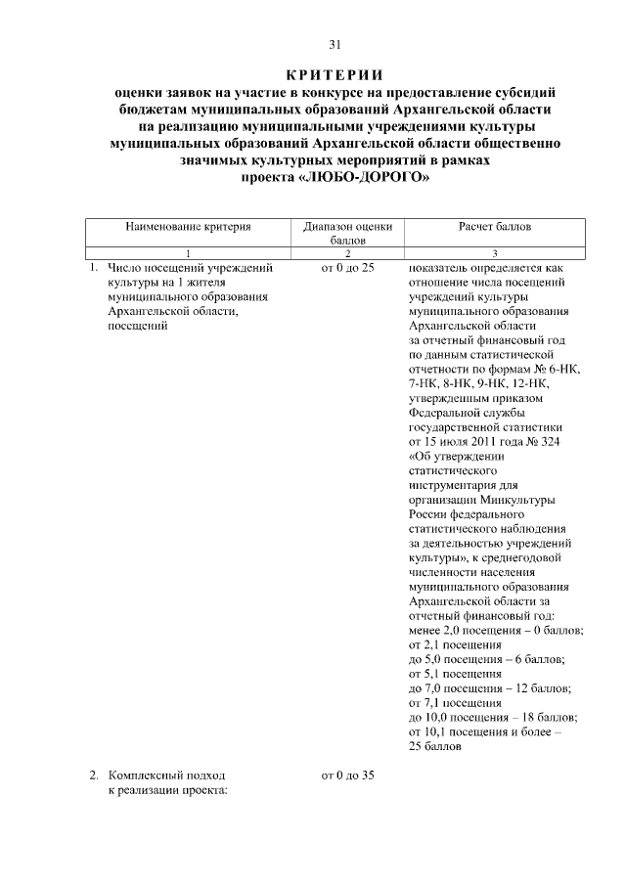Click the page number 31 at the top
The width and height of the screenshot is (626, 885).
pyautogui.click(x=335, y=44)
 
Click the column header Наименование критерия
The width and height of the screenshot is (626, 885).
pyautogui.click(x=188, y=226)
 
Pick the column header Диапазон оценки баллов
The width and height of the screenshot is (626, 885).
pyautogui.click(x=346, y=232)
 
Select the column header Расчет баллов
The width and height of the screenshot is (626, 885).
pyautogui.click(x=495, y=226)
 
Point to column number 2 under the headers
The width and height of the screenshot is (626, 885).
pyautogui.click(x=346, y=252)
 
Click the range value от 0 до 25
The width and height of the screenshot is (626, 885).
pyautogui.click(x=346, y=267)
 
